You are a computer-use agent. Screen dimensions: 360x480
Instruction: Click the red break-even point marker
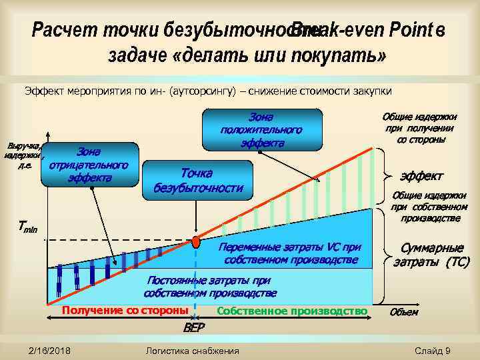pos(195,241)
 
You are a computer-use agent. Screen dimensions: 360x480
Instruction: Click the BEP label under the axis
pos(194,328)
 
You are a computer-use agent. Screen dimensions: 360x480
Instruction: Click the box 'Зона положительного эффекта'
pos(261,129)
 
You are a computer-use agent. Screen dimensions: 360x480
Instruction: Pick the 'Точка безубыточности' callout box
pos(198,179)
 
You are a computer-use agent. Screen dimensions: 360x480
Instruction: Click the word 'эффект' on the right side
pos(421,176)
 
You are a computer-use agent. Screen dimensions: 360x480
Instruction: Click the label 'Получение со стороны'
pos(125,311)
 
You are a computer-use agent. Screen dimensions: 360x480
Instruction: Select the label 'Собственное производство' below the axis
pos(292,311)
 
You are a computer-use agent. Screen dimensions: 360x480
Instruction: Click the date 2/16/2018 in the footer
pos(51,351)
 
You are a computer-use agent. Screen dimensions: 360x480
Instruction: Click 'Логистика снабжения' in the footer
pos(191,351)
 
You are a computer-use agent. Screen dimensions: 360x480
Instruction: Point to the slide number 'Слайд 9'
pos(433,351)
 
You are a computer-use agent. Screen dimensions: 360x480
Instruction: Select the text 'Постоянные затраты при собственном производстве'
pos(209,287)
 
